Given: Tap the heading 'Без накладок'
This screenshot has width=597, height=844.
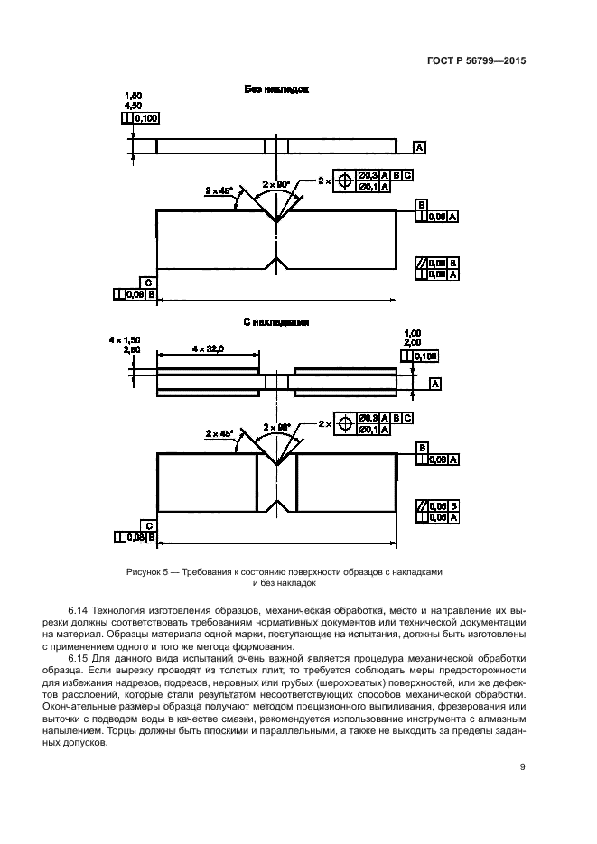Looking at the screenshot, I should (x=276, y=90).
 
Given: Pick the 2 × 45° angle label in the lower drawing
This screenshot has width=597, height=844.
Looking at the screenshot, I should (x=219, y=433).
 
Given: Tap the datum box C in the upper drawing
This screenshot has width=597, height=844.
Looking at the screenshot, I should (x=147, y=282).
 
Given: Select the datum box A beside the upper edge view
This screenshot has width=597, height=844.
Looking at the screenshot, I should (x=420, y=146).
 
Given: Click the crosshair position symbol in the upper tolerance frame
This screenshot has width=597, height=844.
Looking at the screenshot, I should (x=343, y=181).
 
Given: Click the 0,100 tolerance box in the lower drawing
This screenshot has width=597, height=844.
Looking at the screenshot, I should (x=429, y=357).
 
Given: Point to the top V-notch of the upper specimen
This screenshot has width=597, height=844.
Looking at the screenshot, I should (x=276, y=218).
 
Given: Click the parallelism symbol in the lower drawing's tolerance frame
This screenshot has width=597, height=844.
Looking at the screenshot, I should (x=422, y=505).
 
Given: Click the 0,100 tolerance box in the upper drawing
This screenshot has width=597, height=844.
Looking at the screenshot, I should (x=145, y=117).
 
